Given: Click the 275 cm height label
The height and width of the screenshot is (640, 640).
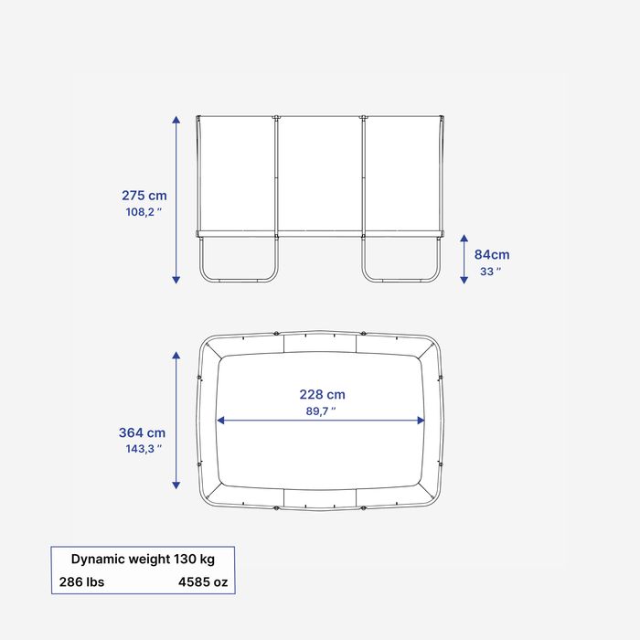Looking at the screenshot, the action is pyautogui.click(x=144, y=196).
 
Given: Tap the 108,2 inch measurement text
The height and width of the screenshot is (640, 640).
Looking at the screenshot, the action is pyautogui.click(x=144, y=212).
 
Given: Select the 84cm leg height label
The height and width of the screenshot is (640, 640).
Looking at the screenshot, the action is pyautogui.click(x=492, y=255).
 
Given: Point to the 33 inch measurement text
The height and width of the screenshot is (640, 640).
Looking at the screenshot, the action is pyautogui.click(x=490, y=272).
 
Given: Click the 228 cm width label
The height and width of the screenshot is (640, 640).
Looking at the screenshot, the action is pyautogui.click(x=322, y=394).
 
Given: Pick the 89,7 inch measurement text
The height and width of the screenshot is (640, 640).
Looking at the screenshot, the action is pyautogui.click(x=321, y=411).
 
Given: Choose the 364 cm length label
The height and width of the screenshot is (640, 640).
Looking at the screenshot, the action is pyautogui.click(x=142, y=432).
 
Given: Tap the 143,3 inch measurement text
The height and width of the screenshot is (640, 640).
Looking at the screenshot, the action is pyautogui.click(x=144, y=449).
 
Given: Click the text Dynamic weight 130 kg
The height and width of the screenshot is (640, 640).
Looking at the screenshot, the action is pyautogui.click(x=143, y=559).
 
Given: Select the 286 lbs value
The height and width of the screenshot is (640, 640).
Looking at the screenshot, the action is pyautogui.click(x=81, y=581).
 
